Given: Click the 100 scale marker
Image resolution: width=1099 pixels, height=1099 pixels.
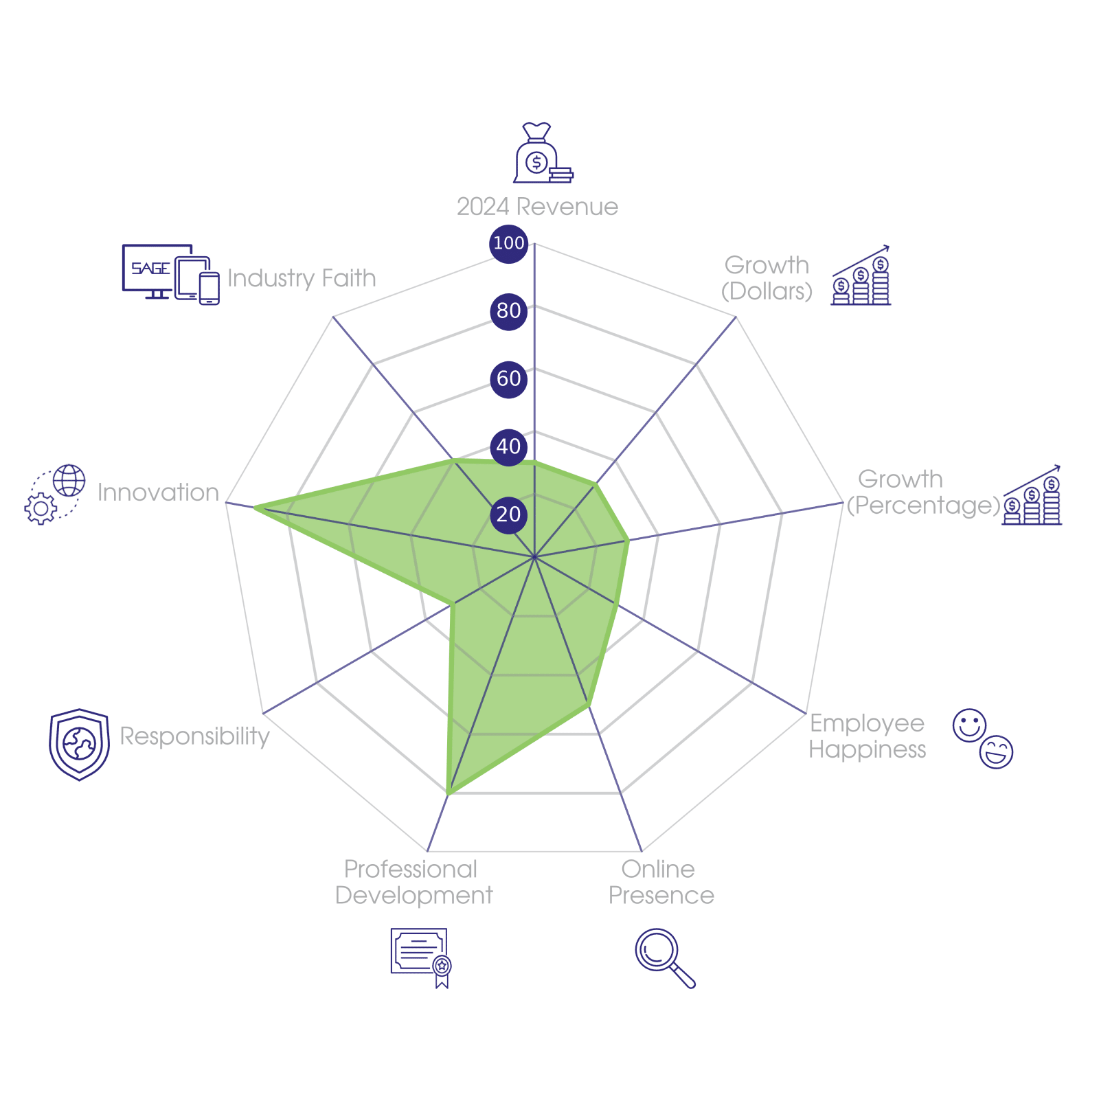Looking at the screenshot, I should [x=508, y=243].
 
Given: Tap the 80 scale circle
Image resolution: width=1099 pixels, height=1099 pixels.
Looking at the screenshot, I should [x=508, y=311].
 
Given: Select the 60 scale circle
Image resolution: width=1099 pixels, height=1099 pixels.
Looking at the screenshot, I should [x=508, y=378].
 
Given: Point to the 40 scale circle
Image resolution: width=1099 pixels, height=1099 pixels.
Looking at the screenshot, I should [x=508, y=446].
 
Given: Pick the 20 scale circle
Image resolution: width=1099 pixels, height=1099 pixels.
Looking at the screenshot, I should [x=508, y=514].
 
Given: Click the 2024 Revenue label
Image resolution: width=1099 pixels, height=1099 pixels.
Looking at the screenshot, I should [x=537, y=207].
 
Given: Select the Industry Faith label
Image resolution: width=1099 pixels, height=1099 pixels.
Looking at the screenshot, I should [x=302, y=278].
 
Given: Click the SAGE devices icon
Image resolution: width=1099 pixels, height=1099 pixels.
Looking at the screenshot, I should [x=171, y=274].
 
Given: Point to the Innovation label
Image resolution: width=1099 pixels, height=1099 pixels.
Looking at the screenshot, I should [x=158, y=492].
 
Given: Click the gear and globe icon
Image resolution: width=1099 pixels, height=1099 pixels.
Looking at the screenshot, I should [x=55, y=495].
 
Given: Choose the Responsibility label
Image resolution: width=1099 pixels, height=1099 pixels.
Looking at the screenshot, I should [x=194, y=736].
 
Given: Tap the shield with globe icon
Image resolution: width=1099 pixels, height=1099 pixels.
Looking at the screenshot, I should [x=80, y=745].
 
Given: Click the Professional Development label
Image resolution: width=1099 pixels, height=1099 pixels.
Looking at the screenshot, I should [x=413, y=883].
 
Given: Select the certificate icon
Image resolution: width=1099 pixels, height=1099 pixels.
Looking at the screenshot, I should [x=420, y=958].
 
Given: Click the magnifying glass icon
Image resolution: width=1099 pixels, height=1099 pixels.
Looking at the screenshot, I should [x=664, y=958].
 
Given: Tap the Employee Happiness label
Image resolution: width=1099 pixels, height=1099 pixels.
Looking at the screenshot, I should [x=867, y=736].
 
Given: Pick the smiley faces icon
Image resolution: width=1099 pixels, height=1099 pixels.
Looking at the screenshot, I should [x=983, y=738].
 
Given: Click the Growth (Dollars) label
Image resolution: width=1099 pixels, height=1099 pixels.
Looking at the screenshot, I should [x=767, y=278].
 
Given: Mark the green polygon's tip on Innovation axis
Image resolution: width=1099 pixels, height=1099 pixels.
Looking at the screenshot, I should [x=254, y=508].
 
